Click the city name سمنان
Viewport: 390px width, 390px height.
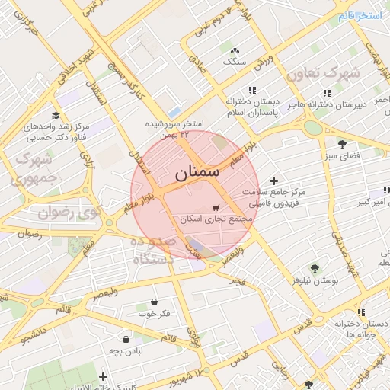pos(190,173)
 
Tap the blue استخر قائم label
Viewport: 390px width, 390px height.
pos(361,16)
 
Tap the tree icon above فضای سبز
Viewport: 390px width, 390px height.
pos(342,143)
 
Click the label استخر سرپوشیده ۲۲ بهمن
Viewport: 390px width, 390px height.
pos(176,128)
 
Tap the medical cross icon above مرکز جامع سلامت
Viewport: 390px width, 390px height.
pos(273,181)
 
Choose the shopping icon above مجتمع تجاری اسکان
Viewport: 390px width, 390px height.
pos(216,207)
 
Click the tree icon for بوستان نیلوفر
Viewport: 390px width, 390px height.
pos(315,268)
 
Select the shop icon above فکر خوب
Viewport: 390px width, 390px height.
pos(154,302)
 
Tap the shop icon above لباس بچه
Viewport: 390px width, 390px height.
pos(125,339)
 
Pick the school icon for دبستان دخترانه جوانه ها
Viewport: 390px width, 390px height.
pos(361,312)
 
